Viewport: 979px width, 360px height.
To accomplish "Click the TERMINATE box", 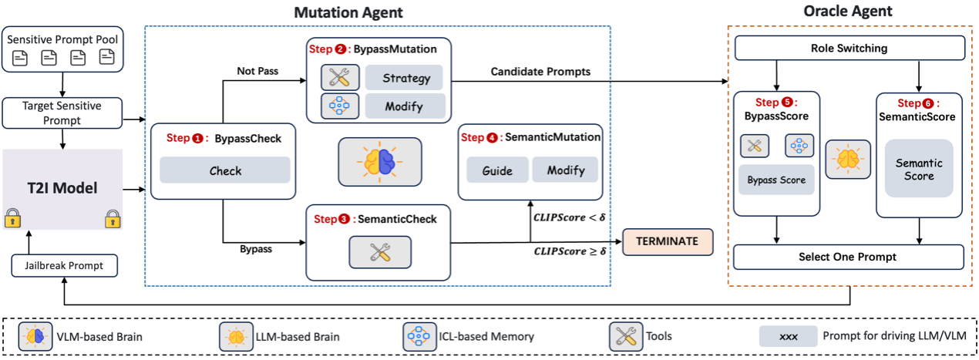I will (x=667, y=241).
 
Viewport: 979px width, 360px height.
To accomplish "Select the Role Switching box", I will (x=849, y=49).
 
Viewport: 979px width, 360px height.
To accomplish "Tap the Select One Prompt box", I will (x=848, y=257).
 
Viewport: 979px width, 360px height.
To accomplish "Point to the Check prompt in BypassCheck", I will (x=225, y=171).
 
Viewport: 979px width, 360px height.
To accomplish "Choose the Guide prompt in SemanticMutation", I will (x=497, y=170).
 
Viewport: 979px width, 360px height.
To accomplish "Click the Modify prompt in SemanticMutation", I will (x=566, y=170).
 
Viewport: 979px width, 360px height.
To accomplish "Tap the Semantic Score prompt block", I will (x=919, y=170).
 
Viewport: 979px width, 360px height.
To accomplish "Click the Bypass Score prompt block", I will (x=775, y=180).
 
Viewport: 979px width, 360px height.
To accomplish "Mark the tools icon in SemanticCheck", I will (x=379, y=251).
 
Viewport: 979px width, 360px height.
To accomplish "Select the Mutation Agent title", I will (x=349, y=12).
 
